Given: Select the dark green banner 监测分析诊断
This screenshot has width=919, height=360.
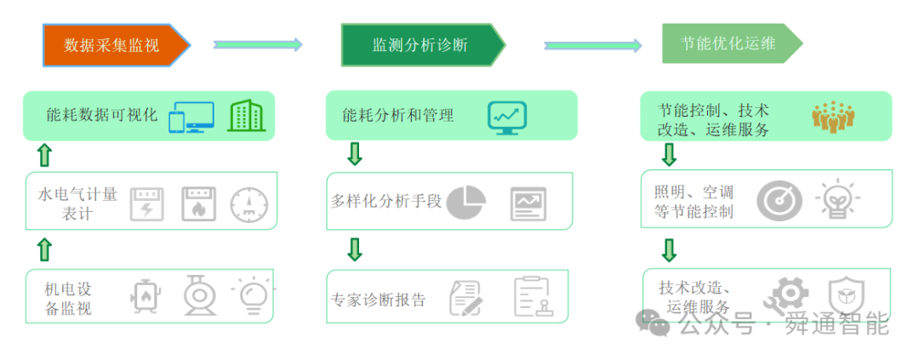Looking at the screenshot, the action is click(x=423, y=44).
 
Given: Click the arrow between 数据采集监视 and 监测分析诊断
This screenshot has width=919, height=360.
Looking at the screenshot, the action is click(x=258, y=44).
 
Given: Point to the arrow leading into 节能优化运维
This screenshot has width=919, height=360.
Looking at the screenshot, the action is click(x=592, y=45).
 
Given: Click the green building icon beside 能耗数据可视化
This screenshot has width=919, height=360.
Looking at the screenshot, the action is click(x=246, y=115).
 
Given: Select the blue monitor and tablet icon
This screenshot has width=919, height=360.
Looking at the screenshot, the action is click(x=191, y=117).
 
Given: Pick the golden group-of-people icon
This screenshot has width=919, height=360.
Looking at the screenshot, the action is click(x=833, y=115).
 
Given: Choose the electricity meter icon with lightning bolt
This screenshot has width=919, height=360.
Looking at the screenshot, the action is click(x=146, y=204).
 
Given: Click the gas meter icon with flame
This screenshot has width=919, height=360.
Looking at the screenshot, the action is click(x=198, y=204).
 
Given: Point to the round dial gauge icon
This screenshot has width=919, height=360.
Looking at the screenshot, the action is click(x=248, y=206).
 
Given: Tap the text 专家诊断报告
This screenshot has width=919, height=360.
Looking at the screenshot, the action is click(x=378, y=300).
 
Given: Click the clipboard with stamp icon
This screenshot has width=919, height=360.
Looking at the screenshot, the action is click(x=534, y=297).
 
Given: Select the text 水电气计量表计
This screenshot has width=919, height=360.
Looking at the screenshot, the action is click(x=77, y=203).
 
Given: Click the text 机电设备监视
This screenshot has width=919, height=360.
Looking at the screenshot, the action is click(x=68, y=299).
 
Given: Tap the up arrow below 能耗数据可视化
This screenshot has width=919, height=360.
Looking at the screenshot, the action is click(x=44, y=155).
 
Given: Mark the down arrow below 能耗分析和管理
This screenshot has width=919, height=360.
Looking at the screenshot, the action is click(x=355, y=153).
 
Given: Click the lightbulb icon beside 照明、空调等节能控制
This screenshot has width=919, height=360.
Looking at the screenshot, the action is click(x=837, y=198).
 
